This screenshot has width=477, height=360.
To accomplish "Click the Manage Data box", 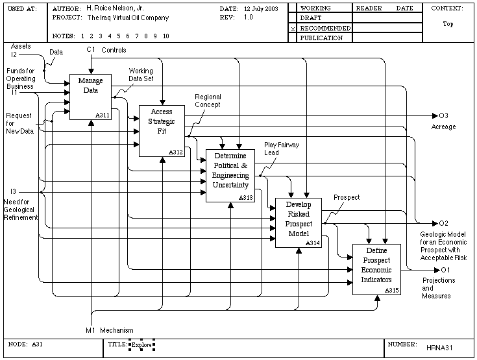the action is point(90,97).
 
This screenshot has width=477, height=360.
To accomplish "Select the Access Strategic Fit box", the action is point(162,131).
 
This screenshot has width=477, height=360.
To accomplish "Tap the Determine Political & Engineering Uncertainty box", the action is point(230,176).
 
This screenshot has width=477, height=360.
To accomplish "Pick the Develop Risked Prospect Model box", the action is point(299,223).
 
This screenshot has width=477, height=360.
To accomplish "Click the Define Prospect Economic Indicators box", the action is point(376,269).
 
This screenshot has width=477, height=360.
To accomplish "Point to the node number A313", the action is point(246,198).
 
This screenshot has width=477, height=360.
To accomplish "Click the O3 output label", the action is point(443,115).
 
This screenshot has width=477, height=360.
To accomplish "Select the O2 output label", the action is point(443,223).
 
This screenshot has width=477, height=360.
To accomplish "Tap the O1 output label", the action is point(445,270).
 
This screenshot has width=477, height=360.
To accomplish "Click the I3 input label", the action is point(13,191).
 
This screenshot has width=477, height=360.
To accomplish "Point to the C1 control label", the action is point(91,49).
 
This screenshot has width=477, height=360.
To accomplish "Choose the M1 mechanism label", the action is point(90,330).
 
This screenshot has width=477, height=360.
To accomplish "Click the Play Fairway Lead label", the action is point(282,149).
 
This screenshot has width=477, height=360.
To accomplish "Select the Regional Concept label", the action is point(208,101).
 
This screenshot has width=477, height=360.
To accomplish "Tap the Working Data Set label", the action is point(141,75).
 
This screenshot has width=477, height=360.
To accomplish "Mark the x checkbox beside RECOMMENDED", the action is point(293,29).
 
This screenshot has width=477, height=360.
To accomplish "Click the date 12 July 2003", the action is point(261,9).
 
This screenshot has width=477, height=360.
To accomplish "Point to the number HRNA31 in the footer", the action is point(439,348).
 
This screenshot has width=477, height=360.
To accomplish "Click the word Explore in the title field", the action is point(141,345).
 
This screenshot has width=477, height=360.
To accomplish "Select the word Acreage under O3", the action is point(443,126).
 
